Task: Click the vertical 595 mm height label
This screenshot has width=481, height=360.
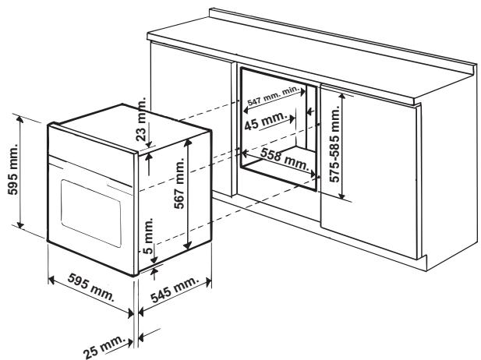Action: click(x=11, y=173)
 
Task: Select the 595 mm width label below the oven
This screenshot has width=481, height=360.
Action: click(x=87, y=294)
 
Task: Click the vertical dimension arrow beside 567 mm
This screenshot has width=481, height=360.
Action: click(x=187, y=195)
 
